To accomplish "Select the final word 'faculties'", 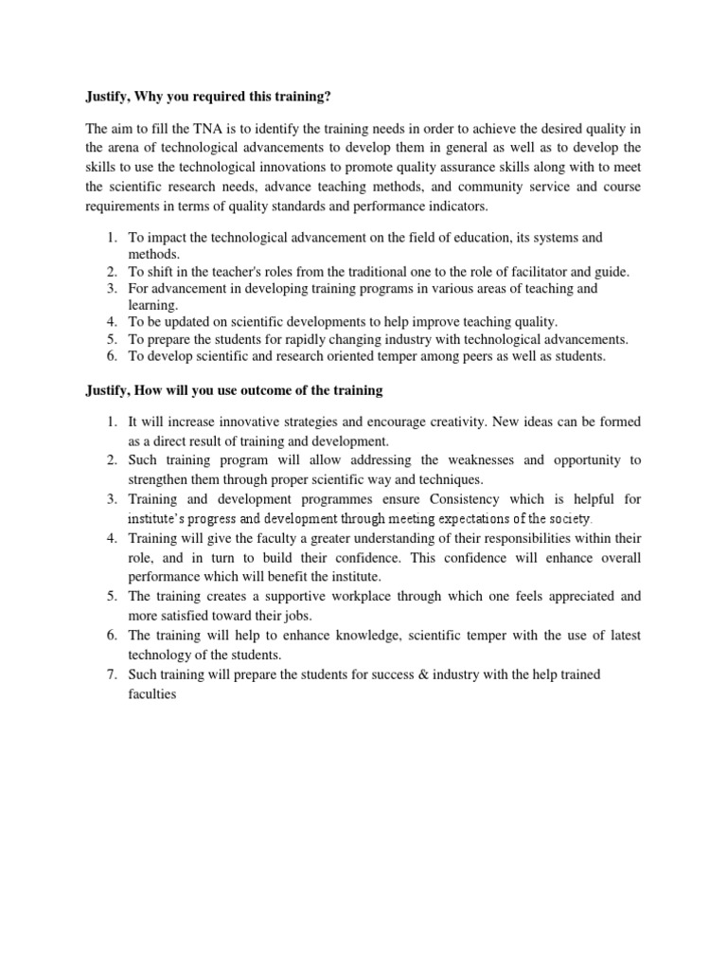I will click(x=153, y=692).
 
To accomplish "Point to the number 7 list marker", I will click(x=109, y=674).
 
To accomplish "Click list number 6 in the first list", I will click(x=109, y=356).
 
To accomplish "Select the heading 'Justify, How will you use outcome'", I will click(x=227, y=390).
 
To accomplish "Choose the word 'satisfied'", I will click(x=194, y=615).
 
